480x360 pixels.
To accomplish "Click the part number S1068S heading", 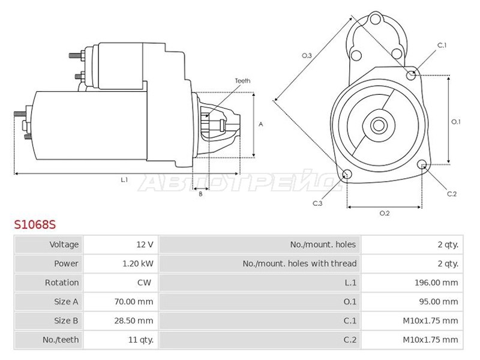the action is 35,224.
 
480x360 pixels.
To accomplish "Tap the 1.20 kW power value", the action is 138,263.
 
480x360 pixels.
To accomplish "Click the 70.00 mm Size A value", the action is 134,302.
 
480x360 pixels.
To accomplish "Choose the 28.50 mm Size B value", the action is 134,320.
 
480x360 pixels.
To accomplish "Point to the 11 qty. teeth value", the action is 141,340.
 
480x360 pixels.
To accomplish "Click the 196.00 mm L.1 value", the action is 436,283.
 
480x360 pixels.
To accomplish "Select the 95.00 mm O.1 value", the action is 439,302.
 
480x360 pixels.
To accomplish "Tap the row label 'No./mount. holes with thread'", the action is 299,263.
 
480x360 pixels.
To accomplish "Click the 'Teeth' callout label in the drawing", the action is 243,81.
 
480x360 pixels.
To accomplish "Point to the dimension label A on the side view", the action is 261,124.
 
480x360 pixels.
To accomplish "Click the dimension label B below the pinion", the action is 200,194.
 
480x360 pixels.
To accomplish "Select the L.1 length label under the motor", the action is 124,179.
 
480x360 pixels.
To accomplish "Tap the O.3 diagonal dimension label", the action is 307,55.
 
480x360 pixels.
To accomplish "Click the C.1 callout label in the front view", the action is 442,46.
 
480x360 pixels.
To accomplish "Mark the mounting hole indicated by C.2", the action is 422,164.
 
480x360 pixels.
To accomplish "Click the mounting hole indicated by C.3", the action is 347,174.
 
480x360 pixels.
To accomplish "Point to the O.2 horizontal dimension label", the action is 385,213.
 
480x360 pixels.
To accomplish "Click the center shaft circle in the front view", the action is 379,125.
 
